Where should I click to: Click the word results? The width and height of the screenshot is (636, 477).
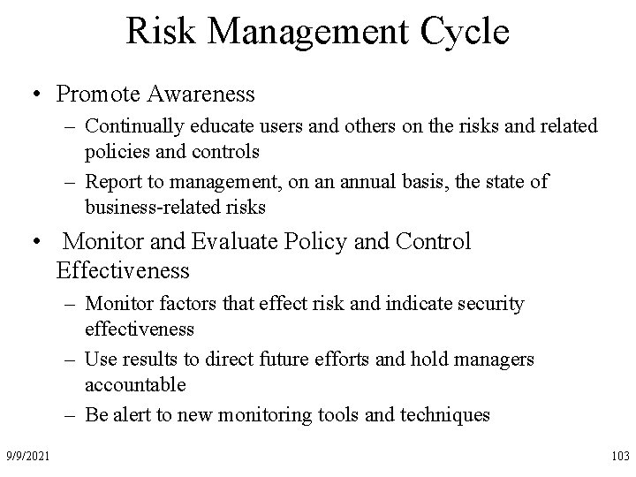tap(145, 360)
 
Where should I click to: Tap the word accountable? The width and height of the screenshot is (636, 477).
tap(135, 384)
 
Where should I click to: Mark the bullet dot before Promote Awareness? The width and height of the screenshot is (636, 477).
tap(36, 95)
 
